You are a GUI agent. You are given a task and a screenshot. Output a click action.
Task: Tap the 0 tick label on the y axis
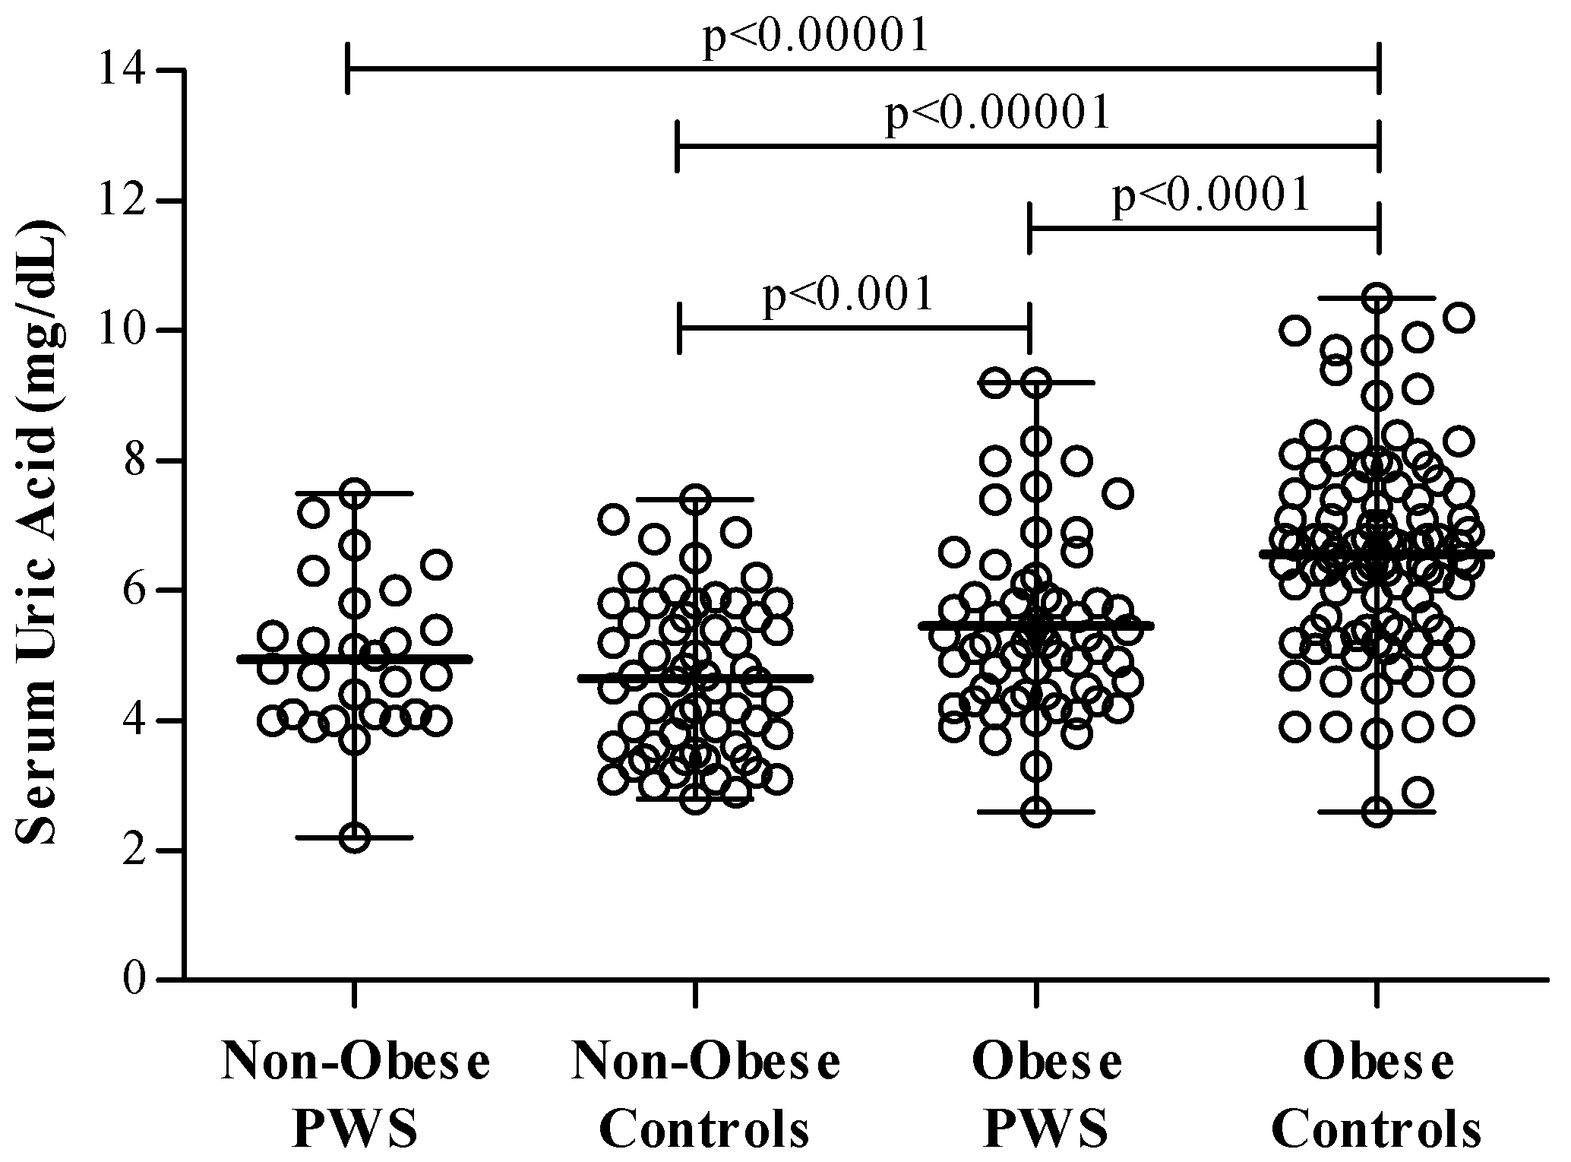(134, 980)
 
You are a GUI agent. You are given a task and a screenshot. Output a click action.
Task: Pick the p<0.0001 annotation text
(1211, 195)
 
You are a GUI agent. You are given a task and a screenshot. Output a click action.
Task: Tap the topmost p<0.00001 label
(816, 35)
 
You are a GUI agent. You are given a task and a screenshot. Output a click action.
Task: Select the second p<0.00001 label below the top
(998, 113)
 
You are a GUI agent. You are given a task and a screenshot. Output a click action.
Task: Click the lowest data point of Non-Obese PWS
(355, 837)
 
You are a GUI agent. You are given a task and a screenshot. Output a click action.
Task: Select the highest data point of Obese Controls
(1377, 298)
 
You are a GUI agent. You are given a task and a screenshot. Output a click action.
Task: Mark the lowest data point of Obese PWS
(1036, 812)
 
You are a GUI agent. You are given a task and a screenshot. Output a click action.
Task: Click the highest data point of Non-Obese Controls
(695, 499)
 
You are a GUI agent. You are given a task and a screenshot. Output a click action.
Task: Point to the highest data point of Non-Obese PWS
(355, 493)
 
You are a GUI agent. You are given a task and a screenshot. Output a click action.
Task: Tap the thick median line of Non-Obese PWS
(425, 659)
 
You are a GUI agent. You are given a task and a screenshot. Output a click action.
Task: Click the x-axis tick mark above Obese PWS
(1035, 993)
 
